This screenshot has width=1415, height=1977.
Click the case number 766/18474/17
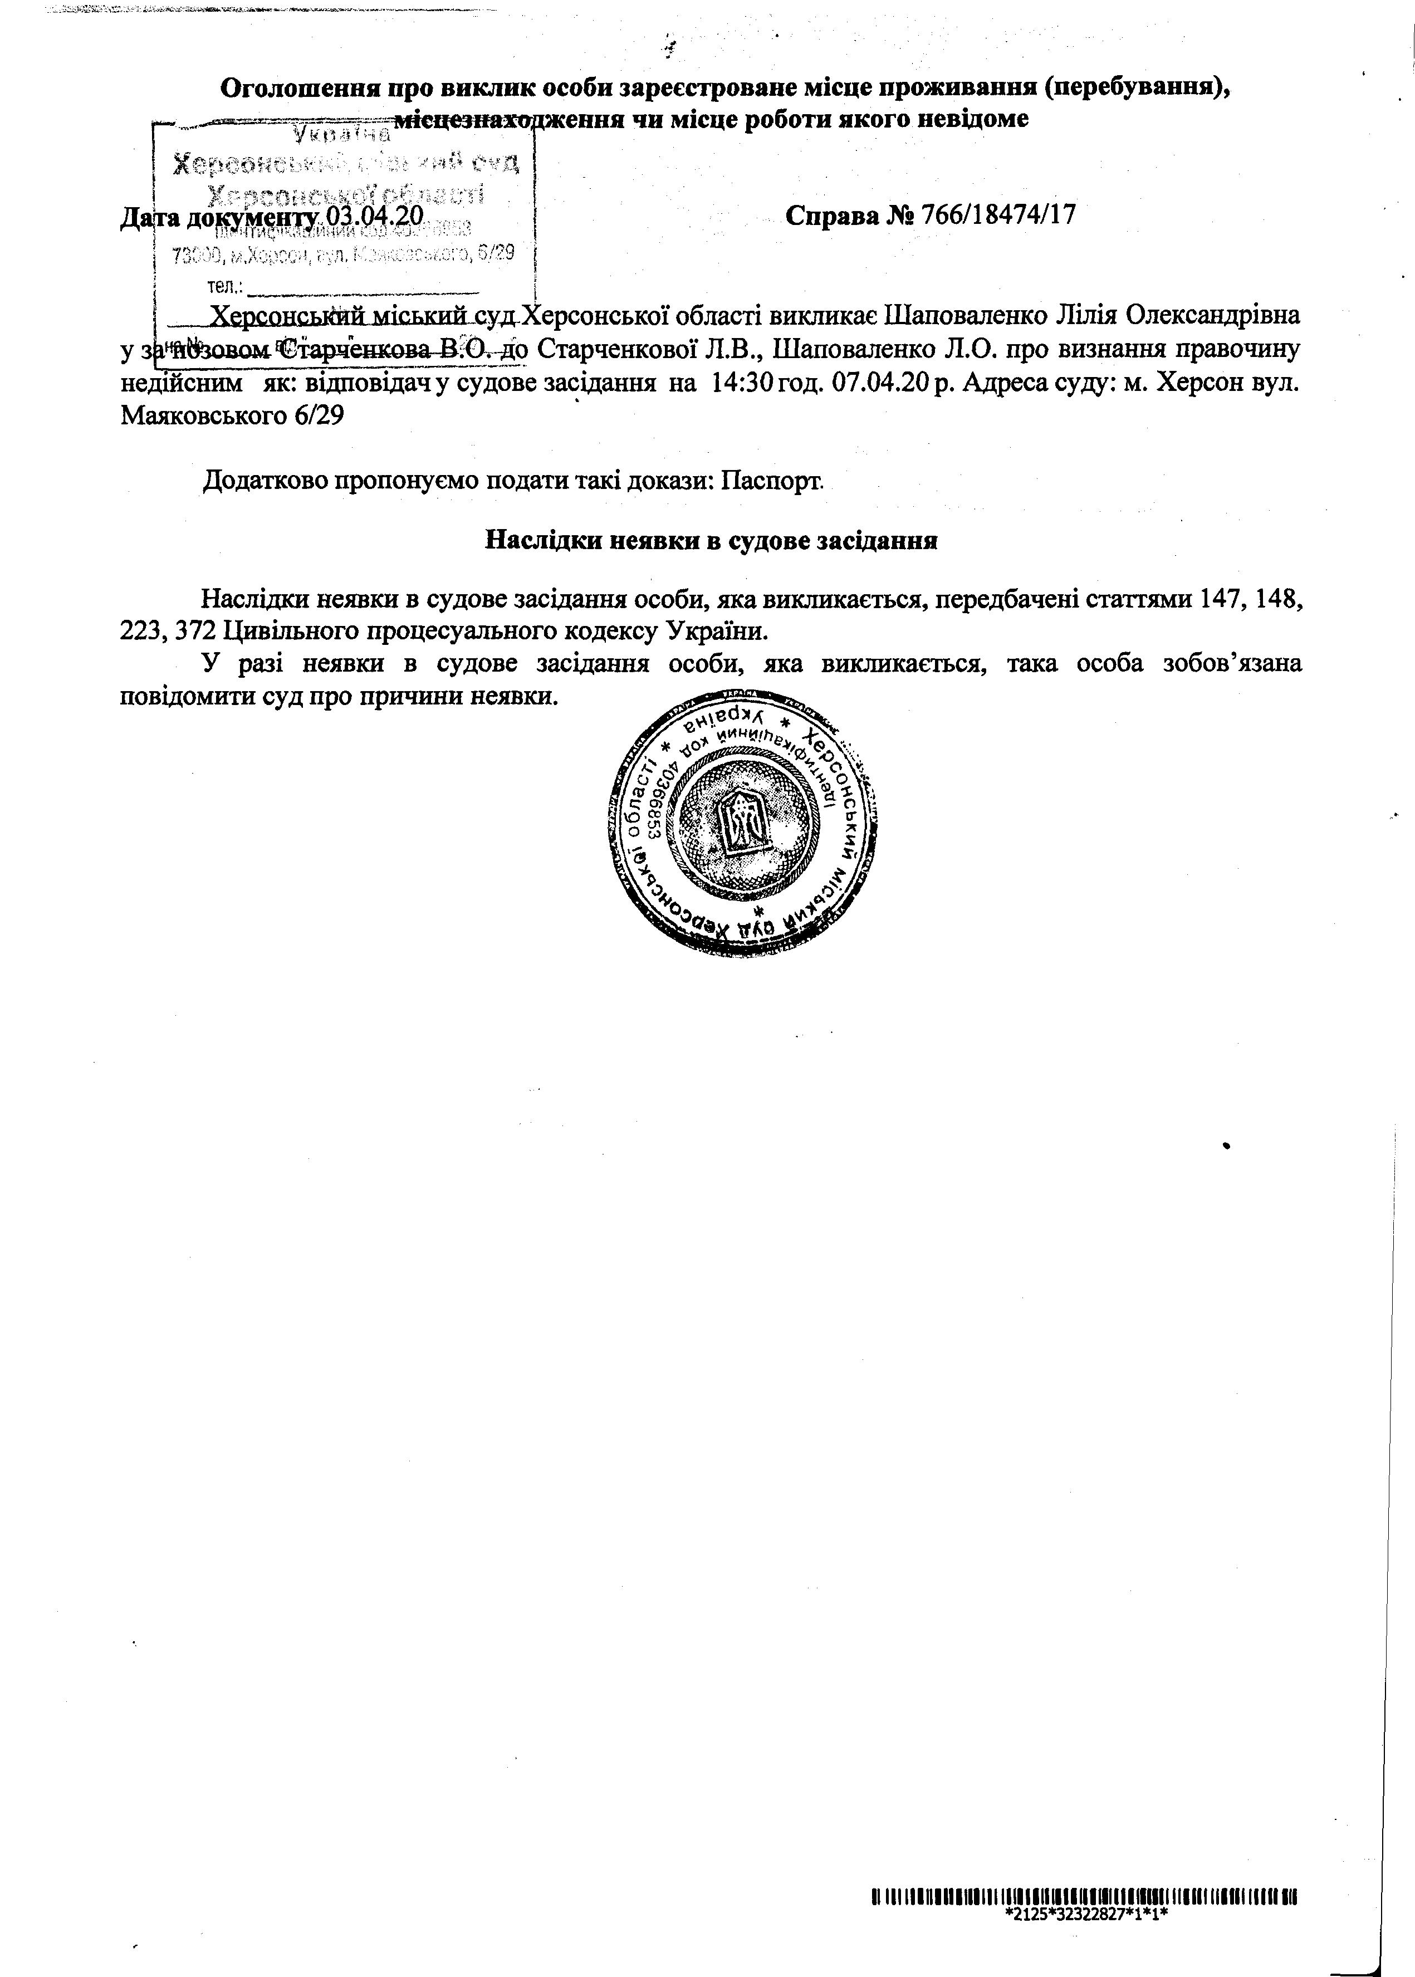coord(998,214)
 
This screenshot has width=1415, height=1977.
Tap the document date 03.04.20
coord(375,214)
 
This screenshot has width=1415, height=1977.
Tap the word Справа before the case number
coord(831,214)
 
